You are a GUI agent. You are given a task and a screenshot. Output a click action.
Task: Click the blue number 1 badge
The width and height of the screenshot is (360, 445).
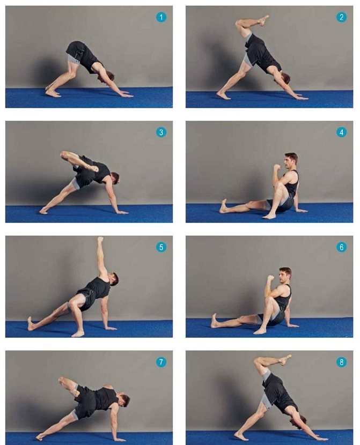161,17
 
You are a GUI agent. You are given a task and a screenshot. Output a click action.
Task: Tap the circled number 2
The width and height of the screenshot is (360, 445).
341,17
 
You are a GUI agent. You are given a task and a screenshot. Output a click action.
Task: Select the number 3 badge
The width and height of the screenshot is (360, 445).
161,132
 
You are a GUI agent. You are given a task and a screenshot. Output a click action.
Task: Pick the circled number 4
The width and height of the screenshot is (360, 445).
341,132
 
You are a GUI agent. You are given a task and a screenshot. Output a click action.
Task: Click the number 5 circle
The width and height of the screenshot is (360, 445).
161,247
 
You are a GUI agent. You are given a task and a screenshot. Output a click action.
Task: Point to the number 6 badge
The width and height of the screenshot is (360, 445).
341,247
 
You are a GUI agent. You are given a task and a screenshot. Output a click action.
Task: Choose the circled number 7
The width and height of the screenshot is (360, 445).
161,362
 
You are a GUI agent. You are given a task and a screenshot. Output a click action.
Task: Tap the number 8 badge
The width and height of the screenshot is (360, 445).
341,362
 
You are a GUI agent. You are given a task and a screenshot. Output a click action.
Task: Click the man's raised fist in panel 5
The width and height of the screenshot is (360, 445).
100,239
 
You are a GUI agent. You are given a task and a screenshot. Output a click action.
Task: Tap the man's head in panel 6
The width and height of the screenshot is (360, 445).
285,275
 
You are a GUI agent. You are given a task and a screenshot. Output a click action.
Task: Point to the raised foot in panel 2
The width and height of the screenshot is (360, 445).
263,20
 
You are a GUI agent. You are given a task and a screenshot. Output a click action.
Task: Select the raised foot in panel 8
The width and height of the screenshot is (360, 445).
285,359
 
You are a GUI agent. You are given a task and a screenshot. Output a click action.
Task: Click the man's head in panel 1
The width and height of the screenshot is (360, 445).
109,76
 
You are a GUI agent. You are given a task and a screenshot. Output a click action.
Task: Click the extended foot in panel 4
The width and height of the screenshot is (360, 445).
223,206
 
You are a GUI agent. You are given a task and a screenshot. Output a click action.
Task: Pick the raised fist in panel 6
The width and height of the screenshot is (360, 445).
270,278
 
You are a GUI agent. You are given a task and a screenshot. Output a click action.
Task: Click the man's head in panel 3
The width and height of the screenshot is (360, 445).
115,178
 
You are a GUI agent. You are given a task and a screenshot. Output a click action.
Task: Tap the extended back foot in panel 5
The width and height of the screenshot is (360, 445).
31,324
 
